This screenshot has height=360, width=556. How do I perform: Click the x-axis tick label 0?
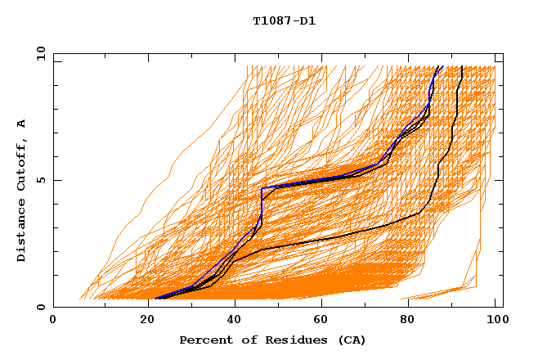(x=53, y=320)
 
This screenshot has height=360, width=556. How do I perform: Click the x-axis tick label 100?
(x=495, y=320)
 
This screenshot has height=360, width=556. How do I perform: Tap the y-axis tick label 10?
(x=39, y=54)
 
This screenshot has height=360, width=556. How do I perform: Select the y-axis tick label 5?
(x=43, y=180)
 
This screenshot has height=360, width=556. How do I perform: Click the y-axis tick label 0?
(x=43, y=307)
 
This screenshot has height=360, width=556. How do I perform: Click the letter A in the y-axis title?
(x=21, y=124)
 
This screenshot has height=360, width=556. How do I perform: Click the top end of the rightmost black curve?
(x=462, y=67)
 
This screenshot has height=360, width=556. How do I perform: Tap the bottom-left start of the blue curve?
(x=155, y=299)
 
